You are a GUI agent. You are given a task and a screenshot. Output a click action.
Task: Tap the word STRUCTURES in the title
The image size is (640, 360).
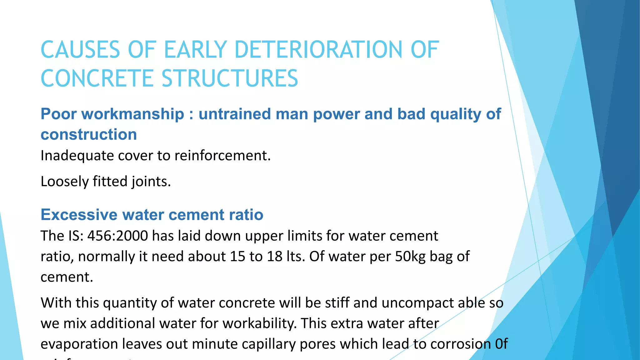(230, 78)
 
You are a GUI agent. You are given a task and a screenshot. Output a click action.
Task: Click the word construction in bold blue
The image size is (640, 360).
(89, 134)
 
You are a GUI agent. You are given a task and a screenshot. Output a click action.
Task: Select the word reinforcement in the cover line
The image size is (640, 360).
(222, 156)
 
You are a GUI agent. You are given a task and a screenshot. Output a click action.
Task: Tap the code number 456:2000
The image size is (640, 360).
(117, 236)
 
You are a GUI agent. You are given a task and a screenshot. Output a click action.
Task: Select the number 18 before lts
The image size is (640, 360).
(275, 256)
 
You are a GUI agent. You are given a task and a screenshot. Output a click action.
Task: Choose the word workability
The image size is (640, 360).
(259, 323)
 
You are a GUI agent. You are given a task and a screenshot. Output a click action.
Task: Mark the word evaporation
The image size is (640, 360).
(79, 344)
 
